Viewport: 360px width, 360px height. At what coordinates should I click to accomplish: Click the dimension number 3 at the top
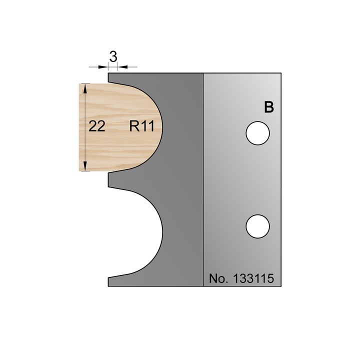[113, 57]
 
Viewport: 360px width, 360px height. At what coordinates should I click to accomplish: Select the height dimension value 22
[97, 127]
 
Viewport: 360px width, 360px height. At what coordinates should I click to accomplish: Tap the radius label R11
[141, 127]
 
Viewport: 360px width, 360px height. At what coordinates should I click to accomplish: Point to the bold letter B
[268, 107]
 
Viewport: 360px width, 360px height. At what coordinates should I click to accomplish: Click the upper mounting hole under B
[258, 133]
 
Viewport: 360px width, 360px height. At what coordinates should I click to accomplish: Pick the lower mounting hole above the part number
[258, 225]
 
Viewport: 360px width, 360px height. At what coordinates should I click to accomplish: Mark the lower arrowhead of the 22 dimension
[86, 167]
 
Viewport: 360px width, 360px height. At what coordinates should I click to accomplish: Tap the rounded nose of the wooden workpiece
[159, 127]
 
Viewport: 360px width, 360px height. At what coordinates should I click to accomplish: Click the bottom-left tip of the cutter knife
[109, 285]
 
